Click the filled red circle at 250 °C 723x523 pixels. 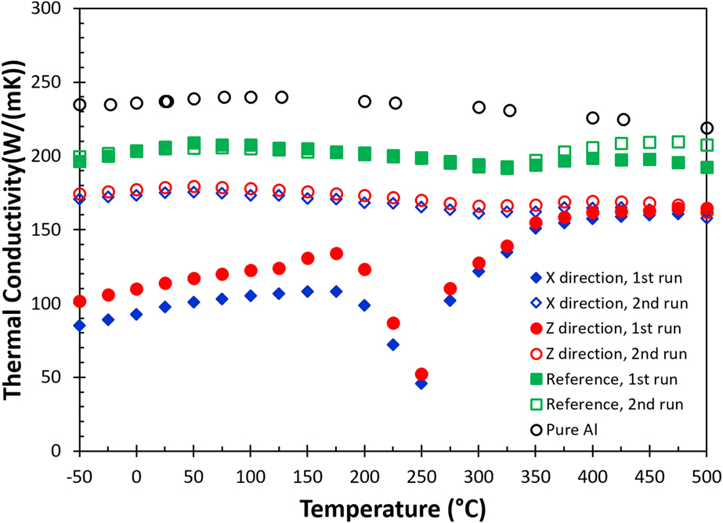point(421,374)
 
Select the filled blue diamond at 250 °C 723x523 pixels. point(421,384)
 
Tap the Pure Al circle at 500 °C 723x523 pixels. point(707,128)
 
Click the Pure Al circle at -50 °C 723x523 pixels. point(80,105)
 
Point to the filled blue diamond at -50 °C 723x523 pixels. point(80,325)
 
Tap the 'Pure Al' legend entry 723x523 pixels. point(598,430)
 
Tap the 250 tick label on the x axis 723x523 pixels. point(421,477)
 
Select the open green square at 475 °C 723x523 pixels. point(678,142)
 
